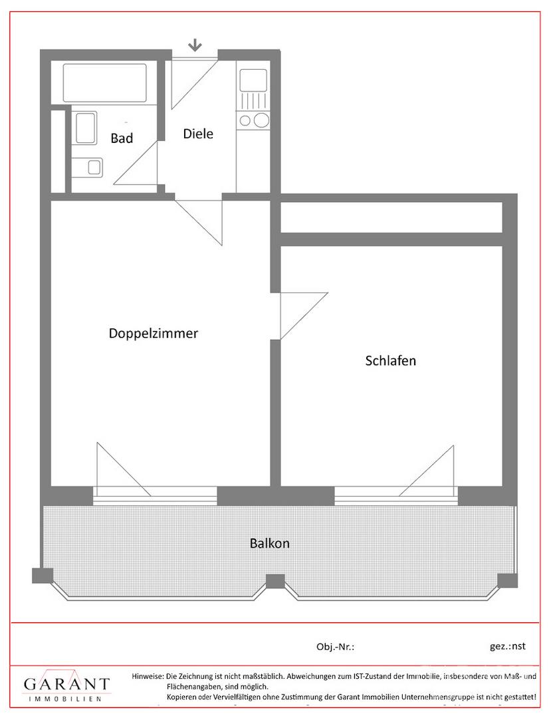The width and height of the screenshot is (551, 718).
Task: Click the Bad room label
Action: (x=122, y=138)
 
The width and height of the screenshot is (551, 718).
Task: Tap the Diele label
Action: (x=198, y=134)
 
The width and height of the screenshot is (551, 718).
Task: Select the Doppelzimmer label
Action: (x=154, y=333)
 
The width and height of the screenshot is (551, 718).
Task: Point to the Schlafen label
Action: (x=390, y=360)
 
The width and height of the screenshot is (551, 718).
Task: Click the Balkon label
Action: (x=270, y=543)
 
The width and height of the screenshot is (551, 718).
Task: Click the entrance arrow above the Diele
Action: (x=195, y=45)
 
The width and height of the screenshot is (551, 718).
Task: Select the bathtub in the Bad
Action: (x=105, y=83)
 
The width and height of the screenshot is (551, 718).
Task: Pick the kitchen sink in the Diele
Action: (x=253, y=80)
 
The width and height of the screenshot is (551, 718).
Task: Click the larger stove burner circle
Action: (x=261, y=120)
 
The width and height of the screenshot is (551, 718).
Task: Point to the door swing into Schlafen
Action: (x=304, y=316)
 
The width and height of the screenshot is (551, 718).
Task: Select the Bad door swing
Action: (x=136, y=163)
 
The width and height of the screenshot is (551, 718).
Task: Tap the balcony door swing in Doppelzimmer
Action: (x=123, y=469)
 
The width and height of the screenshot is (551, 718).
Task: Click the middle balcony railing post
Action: (x=275, y=582)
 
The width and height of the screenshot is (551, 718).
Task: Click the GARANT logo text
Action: (x=67, y=684)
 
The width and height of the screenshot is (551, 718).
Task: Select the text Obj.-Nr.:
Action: (x=336, y=647)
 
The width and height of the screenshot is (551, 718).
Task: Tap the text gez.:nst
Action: (x=508, y=646)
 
